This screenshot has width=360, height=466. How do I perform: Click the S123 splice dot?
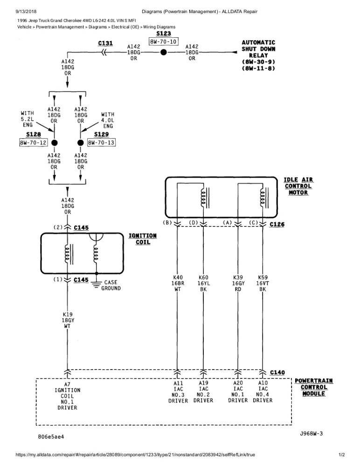(163, 53)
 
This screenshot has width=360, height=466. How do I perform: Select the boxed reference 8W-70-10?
(163, 42)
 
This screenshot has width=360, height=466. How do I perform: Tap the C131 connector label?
(105, 43)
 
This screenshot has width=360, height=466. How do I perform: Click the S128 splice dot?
(54, 143)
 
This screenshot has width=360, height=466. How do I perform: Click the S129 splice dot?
(81, 143)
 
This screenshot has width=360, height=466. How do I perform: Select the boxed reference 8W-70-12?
(33, 143)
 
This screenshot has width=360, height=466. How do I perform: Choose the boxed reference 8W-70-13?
(101, 143)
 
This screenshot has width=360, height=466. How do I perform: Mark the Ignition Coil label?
(143, 239)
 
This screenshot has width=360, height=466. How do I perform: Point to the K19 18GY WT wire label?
(68, 320)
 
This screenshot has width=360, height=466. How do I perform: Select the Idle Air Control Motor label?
(298, 186)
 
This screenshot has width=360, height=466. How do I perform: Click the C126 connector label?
(277, 224)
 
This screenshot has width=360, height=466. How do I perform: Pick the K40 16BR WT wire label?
(177, 283)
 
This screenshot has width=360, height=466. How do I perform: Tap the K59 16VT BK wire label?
(263, 283)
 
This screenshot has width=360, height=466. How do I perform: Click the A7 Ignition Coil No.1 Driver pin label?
(68, 396)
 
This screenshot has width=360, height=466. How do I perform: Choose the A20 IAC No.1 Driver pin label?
(238, 391)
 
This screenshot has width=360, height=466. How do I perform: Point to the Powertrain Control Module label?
(314, 387)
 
